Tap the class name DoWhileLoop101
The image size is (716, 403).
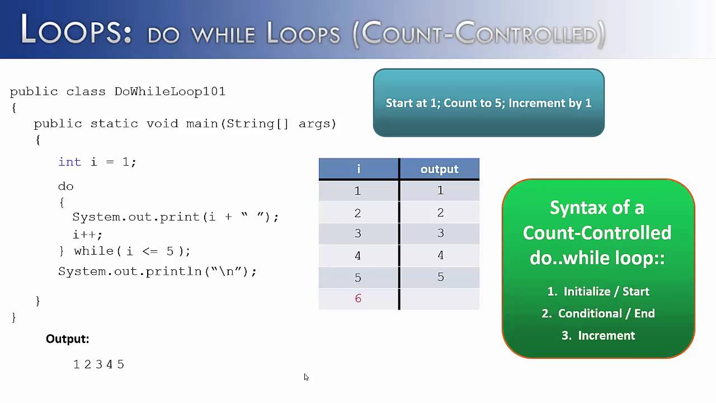pyautogui.click(x=169, y=91)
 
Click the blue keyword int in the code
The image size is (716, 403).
pyautogui.click(x=69, y=162)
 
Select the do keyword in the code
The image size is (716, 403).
pyautogui.click(x=65, y=186)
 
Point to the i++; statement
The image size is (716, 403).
pyautogui.click(x=87, y=235)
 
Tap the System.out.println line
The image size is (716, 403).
pyautogui.click(x=157, y=271)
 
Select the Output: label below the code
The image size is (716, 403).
pyautogui.click(x=67, y=339)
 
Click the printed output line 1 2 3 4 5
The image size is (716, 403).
pyautogui.click(x=98, y=364)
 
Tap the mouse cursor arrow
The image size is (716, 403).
pyautogui.click(x=306, y=377)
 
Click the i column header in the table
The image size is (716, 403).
pyautogui.click(x=358, y=169)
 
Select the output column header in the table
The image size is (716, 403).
pyautogui.click(x=439, y=169)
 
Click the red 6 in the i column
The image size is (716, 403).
pyautogui.click(x=358, y=298)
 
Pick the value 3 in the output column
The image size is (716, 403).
pyautogui.click(x=440, y=233)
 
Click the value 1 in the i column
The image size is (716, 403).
pyautogui.click(x=358, y=191)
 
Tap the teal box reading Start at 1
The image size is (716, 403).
pyautogui.click(x=488, y=103)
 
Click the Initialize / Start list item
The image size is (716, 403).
pyautogui.click(x=599, y=291)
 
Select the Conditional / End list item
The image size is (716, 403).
pyautogui.click(x=599, y=313)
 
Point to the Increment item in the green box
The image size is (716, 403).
pyautogui.click(x=599, y=335)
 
